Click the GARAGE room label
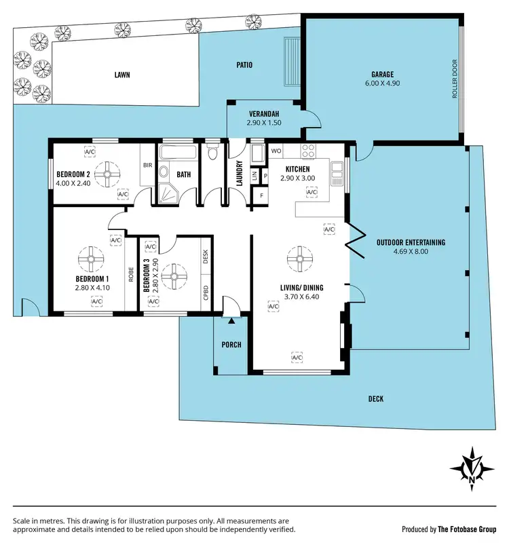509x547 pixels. tap(382, 75)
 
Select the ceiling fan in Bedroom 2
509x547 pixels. tap(106, 173)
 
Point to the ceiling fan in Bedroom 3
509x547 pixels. tap(175, 275)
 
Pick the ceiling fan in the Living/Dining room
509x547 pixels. tap(297, 258)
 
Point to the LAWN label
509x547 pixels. tap(122, 75)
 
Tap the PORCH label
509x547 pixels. tap(231, 345)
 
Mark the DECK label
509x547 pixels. tap(375, 399)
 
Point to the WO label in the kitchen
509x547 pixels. tap(276, 150)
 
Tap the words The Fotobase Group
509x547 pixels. tap(466, 529)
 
